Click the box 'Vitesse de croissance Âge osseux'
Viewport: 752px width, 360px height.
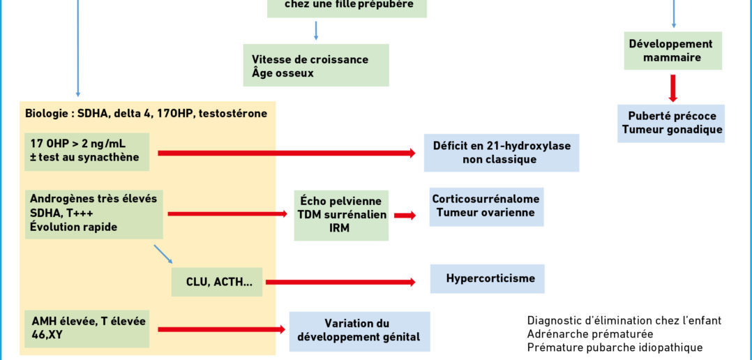[x=315, y=65]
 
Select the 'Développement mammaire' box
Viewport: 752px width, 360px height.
[x=673, y=51]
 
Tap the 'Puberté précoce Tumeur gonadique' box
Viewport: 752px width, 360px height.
[x=671, y=123]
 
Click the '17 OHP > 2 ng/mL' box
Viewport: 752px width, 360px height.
[x=87, y=152]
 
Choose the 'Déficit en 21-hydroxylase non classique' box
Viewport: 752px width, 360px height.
[x=501, y=152]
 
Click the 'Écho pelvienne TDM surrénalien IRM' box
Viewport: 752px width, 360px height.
[x=341, y=216]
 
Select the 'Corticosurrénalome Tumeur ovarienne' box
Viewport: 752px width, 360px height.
[x=486, y=207]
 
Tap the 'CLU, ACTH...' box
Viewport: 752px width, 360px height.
[x=217, y=282]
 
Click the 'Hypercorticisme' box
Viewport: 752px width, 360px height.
[x=487, y=278]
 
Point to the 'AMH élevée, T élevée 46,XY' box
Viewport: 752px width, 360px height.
[x=87, y=329]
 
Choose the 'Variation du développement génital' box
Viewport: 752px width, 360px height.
[x=359, y=331]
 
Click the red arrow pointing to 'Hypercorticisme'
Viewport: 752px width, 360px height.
[x=340, y=283]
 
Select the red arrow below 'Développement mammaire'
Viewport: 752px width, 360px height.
[x=673, y=88]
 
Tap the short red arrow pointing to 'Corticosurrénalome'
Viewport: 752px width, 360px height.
[x=405, y=216]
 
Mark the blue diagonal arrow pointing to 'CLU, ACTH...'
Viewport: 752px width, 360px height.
[x=163, y=255]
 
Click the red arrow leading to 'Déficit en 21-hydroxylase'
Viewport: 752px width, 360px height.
[x=287, y=153]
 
